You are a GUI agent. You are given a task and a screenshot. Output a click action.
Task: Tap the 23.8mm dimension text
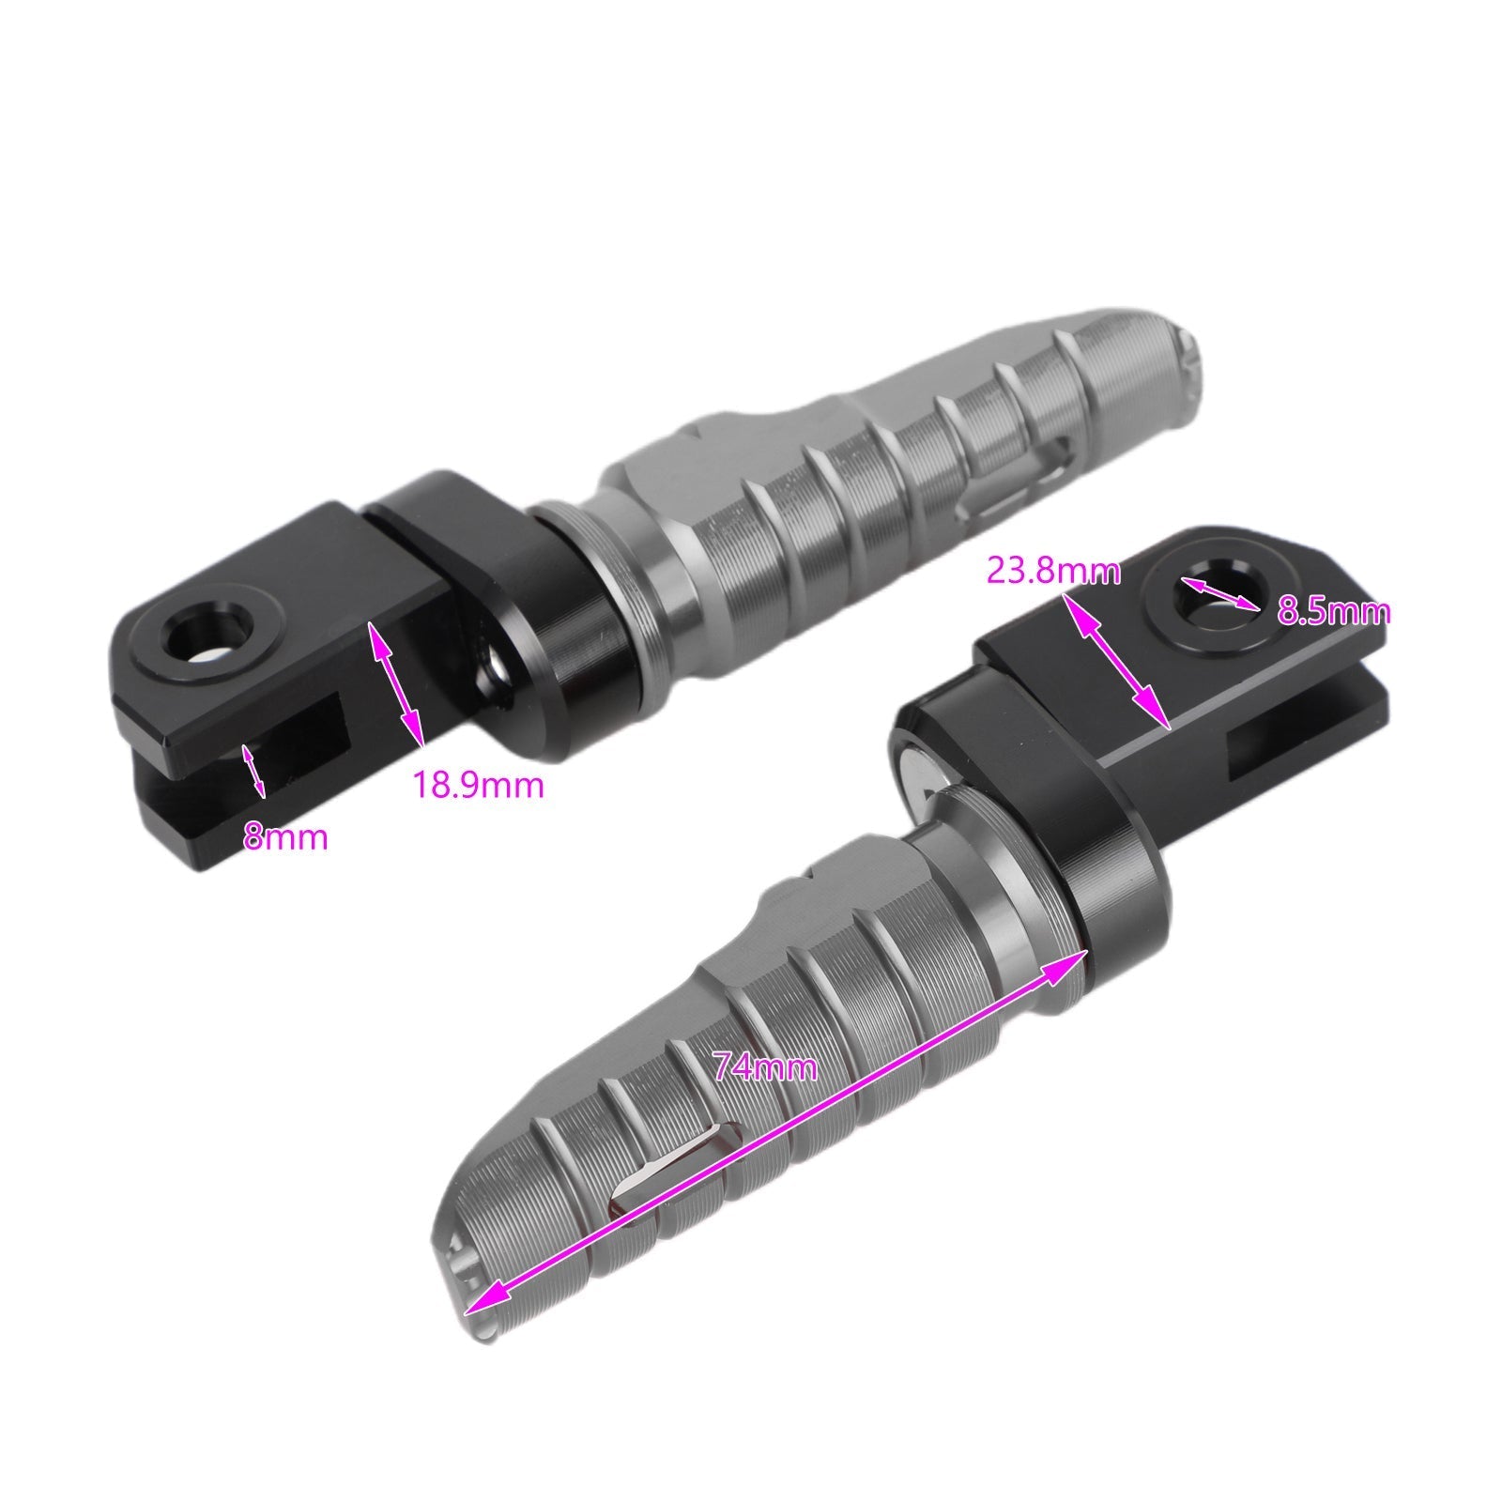1053,571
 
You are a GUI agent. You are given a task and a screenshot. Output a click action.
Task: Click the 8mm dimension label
286,836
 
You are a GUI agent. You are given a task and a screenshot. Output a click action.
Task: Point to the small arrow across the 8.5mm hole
1219,594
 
